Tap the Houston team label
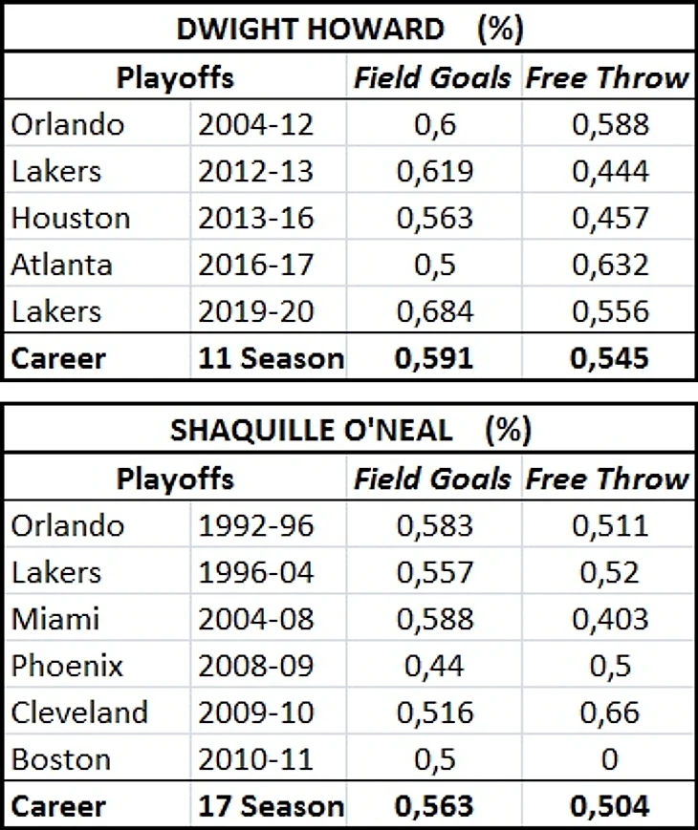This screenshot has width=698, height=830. pyautogui.click(x=71, y=218)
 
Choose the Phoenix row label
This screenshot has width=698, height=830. pyautogui.click(x=67, y=666)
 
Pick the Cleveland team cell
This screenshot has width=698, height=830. pyautogui.click(x=79, y=713)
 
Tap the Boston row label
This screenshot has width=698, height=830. pyautogui.click(x=60, y=759)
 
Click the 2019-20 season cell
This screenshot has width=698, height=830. pyautogui.click(x=256, y=311)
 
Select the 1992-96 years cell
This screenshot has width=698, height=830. pyautogui.click(x=256, y=524)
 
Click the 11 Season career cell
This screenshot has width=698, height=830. pyautogui.click(x=270, y=358)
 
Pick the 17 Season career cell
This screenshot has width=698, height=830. pyautogui.click(x=270, y=806)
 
